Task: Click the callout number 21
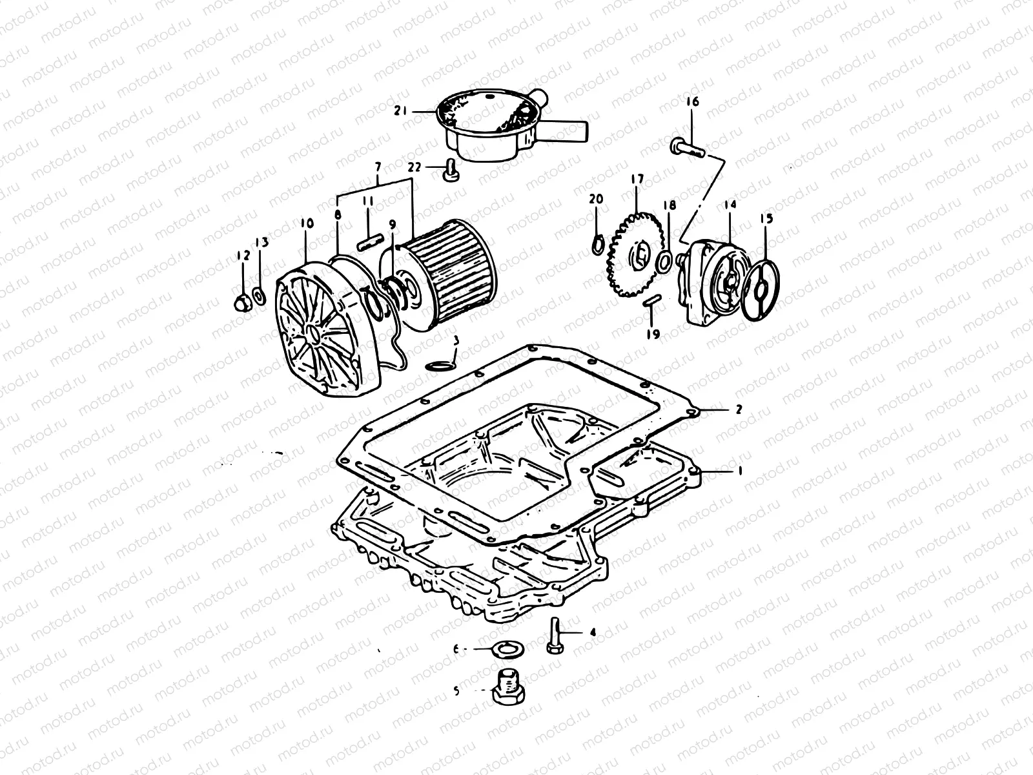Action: [418, 112]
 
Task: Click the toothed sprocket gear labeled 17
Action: [635, 256]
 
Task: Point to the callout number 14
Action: [730, 205]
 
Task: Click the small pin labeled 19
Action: [652, 302]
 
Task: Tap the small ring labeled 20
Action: [598, 244]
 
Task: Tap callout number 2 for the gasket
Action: [739, 409]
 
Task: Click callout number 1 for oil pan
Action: [741, 471]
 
